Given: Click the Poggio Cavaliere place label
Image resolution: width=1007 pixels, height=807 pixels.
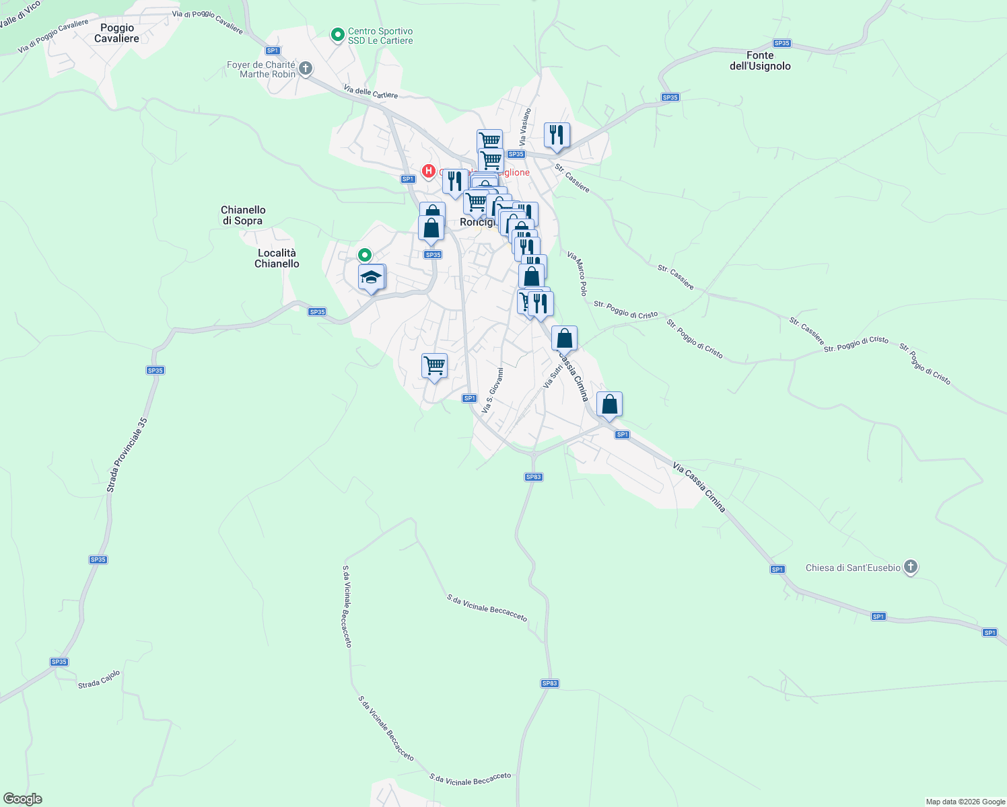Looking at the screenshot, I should click(x=117, y=33).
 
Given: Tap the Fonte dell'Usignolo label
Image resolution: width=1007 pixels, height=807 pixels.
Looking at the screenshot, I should click(x=760, y=61).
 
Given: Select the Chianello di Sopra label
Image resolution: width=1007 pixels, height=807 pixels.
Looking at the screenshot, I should click(x=243, y=215).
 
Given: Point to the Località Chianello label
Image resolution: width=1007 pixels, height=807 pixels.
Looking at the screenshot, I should click(x=277, y=258).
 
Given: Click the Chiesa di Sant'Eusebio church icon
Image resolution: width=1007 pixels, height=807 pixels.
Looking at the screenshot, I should click(x=911, y=567).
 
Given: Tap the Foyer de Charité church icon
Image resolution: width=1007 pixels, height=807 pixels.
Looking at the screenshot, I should click(x=306, y=69).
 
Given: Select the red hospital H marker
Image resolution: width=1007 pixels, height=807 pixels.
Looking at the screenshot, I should click(x=428, y=171).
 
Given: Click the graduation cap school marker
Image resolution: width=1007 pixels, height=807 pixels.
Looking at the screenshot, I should click(x=371, y=278).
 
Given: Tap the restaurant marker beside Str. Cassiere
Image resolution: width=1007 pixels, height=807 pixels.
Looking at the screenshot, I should click(x=557, y=135).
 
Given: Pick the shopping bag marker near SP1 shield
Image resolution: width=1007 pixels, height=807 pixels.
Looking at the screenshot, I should click(x=609, y=405).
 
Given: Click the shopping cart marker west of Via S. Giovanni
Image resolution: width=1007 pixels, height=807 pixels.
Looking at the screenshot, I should click(x=434, y=367).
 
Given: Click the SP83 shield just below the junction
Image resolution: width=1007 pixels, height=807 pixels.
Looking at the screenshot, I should click(x=533, y=477).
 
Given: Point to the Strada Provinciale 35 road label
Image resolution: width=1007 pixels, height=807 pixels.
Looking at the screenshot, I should click(x=127, y=455).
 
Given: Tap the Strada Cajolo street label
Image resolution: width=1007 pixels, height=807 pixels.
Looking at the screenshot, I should click(x=99, y=679).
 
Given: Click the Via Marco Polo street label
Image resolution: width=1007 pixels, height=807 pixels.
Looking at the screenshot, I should click(x=578, y=274).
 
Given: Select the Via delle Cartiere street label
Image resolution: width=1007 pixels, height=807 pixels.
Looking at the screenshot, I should click(x=370, y=91).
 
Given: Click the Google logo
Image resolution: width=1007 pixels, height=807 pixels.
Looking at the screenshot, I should click(x=22, y=799).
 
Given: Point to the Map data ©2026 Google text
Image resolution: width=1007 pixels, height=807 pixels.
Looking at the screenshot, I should click(x=965, y=802).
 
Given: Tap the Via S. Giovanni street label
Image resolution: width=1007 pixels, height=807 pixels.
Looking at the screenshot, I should click(x=493, y=390).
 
